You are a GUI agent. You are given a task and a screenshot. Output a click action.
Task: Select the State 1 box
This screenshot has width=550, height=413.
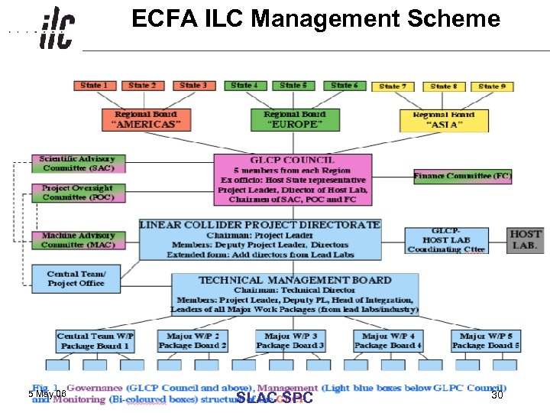[x=94, y=86]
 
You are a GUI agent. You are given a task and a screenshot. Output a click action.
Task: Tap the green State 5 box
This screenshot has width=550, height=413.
[x=293, y=86]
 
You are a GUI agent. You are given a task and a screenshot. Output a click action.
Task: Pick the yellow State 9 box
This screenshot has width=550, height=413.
[x=492, y=86]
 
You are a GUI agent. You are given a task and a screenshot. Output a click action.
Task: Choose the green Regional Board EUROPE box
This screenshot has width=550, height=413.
[x=293, y=120]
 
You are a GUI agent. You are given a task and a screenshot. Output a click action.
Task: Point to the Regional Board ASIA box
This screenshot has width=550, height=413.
[x=444, y=120]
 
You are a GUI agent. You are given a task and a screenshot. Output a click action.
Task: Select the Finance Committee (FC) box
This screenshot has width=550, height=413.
[x=463, y=176]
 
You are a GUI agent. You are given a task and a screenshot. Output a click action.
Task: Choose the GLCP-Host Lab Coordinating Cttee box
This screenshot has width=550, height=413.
[x=446, y=240]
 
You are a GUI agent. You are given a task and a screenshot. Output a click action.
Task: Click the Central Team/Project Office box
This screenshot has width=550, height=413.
[x=76, y=278]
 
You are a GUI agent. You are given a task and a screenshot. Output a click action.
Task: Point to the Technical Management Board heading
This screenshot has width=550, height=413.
[x=295, y=280]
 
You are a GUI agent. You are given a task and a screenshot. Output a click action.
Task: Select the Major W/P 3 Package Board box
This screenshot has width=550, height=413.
[x=290, y=341]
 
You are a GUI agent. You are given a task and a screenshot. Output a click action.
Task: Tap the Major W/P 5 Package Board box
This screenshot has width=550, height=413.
[x=486, y=341]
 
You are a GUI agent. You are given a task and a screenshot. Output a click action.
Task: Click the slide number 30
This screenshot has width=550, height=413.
[x=497, y=395]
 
